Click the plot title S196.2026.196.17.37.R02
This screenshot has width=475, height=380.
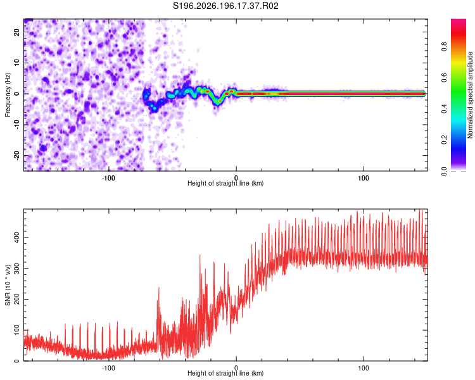click(x=225, y=6)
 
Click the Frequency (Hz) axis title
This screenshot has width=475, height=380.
click(x=8, y=95)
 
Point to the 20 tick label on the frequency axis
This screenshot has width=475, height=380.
click(x=17, y=32)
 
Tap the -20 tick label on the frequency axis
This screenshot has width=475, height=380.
click(x=17, y=155)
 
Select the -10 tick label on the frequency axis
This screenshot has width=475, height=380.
click(x=17, y=125)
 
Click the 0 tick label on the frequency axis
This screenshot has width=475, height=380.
click(x=17, y=94)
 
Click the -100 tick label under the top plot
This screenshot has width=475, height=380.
click(x=108, y=178)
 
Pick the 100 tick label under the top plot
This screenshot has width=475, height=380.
click(x=364, y=178)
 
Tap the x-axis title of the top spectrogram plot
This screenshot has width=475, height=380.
click(x=225, y=183)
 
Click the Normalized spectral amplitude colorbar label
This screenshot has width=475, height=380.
click(x=470, y=95)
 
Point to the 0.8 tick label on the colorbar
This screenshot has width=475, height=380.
click(x=444, y=47)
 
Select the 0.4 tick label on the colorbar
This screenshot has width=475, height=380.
click(x=444, y=109)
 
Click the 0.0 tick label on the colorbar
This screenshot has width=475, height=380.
click(x=444, y=171)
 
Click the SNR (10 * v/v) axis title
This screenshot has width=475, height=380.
click(x=8, y=285)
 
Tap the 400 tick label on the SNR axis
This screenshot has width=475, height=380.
click(x=17, y=237)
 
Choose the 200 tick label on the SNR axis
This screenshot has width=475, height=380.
click(x=17, y=299)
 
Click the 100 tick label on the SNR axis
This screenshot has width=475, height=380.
click(x=17, y=330)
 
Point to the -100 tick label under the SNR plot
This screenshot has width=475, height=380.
click(x=108, y=368)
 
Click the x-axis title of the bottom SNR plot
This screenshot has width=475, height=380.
click(x=225, y=373)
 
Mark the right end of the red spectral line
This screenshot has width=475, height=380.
click(x=425, y=94)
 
